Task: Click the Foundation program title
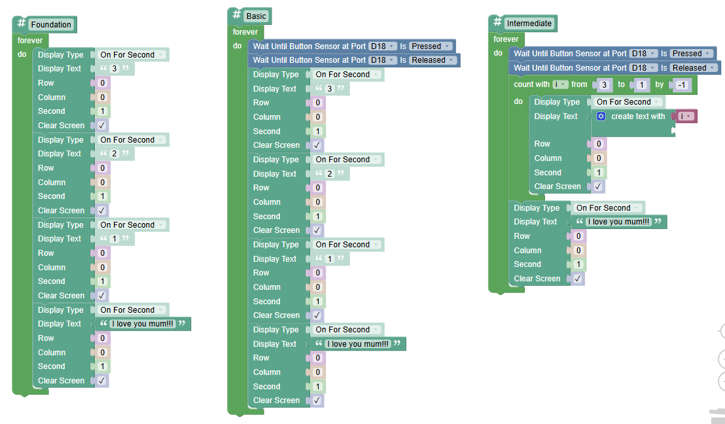[x=51, y=24]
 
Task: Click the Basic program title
[x=256, y=16]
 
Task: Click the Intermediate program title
[x=529, y=23]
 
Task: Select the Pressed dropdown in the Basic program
[x=431, y=46]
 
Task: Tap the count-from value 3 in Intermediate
[x=604, y=84]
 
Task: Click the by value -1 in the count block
[x=682, y=84]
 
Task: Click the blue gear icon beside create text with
[x=601, y=116]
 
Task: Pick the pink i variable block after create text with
[x=686, y=116]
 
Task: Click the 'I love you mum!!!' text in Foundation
[x=143, y=324]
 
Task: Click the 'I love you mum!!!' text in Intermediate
[x=618, y=221]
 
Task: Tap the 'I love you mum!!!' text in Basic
[x=358, y=344]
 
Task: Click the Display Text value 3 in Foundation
[x=115, y=69]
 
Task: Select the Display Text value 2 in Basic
[x=329, y=174]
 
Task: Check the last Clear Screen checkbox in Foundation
[x=101, y=381]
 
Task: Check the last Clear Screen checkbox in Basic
[x=317, y=400]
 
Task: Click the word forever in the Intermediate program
[x=506, y=39]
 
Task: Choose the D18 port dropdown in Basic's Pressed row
[x=382, y=46]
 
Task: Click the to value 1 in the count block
[x=641, y=84]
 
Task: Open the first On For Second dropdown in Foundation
[x=132, y=54]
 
